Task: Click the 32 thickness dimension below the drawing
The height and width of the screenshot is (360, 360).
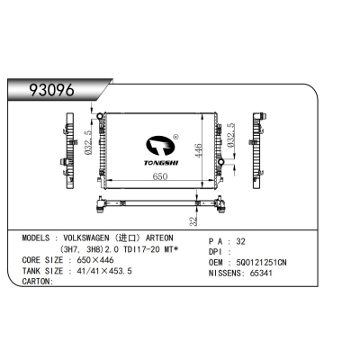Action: tap(193, 219)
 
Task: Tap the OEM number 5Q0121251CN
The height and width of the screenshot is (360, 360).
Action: tap(267, 261)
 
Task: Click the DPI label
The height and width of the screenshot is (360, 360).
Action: tap(218, 251)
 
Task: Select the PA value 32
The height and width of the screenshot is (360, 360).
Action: tap(240, 241)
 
